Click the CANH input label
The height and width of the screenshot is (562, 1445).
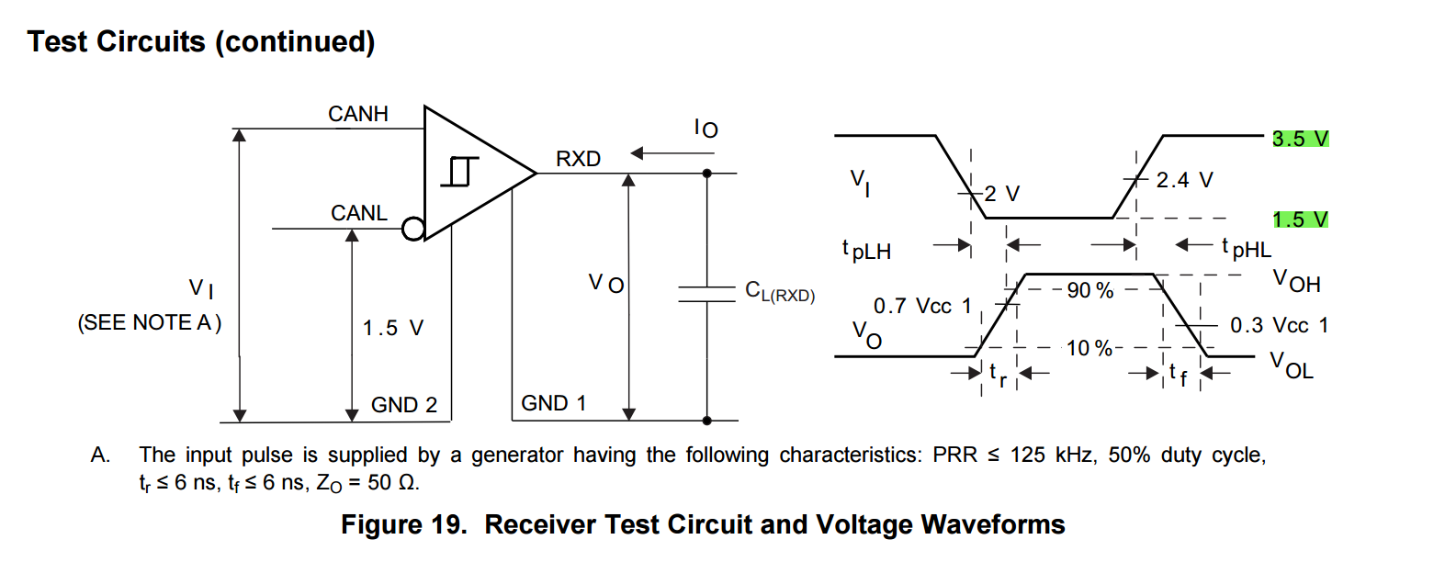tap(358, 114)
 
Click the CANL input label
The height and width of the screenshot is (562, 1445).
tap(358, 213)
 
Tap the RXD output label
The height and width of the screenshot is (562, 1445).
tap(578, 159)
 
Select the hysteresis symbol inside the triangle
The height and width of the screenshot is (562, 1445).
tap(460, 172)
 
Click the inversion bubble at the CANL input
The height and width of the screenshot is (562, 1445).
tap(413, 229)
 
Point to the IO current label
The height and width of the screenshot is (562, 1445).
tap(706, 129)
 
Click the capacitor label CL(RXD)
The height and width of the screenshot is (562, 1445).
tap(780, 292)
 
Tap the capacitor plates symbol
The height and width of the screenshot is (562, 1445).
tap(706, 293)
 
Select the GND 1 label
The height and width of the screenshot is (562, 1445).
tap(553, 403)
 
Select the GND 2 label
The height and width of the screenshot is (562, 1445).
tap(404, 405)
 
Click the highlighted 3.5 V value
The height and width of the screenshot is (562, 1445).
tap(1300, 139)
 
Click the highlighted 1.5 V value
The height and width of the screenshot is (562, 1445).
tap(1300, 219)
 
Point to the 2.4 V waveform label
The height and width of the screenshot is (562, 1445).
tap(1184, 180)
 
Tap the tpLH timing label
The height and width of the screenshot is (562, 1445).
tap(866, 250)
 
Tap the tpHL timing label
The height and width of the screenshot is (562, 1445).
tap(1247, 248)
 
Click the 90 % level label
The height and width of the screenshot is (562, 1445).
tap(1089, 290)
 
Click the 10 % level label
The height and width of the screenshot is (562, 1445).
tap(1089, 348)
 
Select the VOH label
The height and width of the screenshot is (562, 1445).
tap(1296, 281)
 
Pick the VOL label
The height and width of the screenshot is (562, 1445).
tap(1292, 365)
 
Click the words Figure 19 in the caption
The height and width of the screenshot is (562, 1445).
tap(403, 524)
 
